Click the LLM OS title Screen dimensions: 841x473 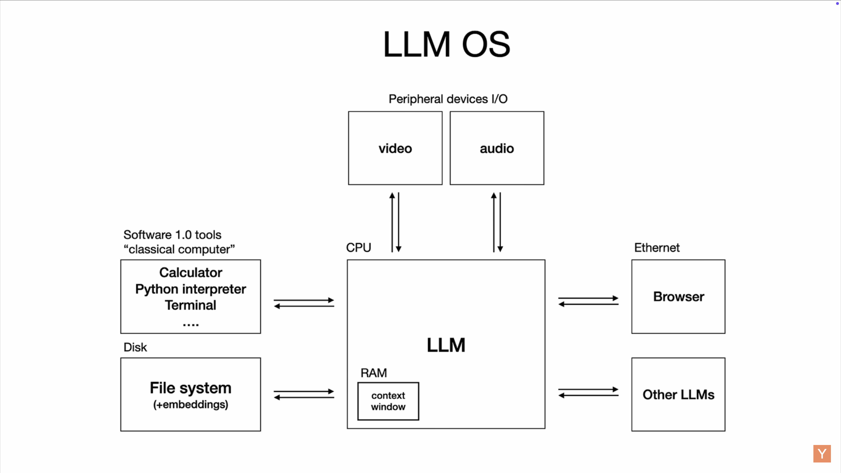pos(446,44)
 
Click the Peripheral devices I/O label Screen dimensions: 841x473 pos(448,99)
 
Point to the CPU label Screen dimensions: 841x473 pos(359,247)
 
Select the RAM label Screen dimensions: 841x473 pos(373,373)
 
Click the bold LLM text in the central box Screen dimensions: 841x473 pos(446,345)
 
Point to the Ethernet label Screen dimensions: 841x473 pos(657,248)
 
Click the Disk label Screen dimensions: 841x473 pos(135,347)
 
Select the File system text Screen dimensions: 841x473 pos(191,388)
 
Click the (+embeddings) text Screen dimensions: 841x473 pos(191,404)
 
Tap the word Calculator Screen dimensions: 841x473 pos(191,272)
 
